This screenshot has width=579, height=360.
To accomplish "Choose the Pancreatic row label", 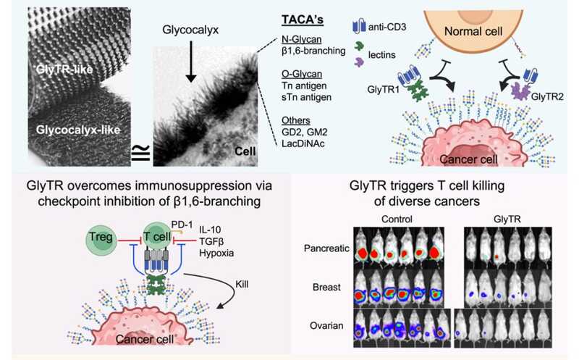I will [x=329, y=250].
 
